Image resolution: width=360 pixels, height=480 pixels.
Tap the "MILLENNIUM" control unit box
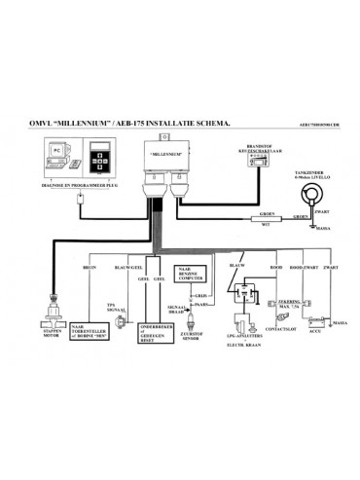coord(166,155)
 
